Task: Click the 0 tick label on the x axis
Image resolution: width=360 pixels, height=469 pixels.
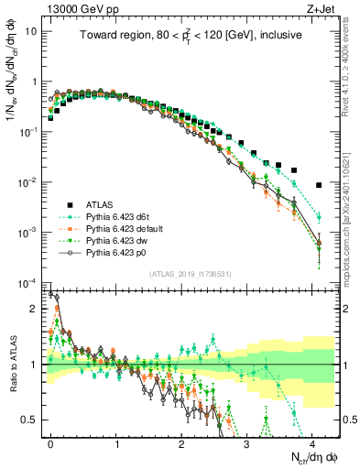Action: coord(51,443)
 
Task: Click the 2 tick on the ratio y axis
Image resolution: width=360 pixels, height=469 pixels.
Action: coord(37,308)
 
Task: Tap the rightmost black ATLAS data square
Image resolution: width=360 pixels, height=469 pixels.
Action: coord(318,185)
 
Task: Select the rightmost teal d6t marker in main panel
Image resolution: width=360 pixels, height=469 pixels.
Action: coord(318,217)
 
